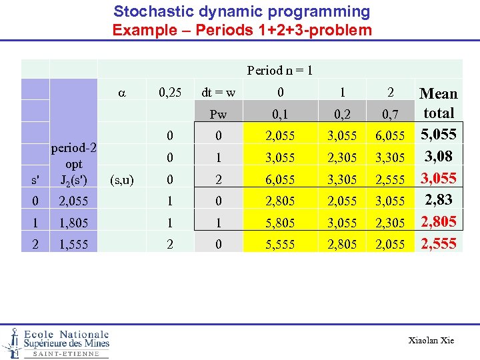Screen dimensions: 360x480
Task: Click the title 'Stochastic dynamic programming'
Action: point(241,11)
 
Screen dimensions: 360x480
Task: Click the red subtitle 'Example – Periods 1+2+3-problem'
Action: point(241,30)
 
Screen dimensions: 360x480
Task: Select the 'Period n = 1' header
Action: point(280,70)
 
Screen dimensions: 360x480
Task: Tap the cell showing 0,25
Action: point(170,93)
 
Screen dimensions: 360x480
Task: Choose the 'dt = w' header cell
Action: point(218,93)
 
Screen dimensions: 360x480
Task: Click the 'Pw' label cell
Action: point(218,114)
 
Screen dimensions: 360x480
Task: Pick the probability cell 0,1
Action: point(280,114)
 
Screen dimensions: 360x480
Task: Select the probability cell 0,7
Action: point(390,114)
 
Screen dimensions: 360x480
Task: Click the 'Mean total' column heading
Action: point(438,103)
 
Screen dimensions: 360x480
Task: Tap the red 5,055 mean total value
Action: point(438,135)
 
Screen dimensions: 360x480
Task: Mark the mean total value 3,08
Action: point(438,157)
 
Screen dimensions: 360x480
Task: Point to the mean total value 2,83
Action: point(438,200)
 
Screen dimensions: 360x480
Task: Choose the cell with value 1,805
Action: point(73,223)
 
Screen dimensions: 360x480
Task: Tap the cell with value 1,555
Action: point(73,245)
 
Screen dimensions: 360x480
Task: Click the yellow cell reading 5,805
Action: point(280,223)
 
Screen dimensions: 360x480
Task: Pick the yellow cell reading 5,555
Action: point(280,245)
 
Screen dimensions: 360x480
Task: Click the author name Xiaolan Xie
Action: point(431,341)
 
